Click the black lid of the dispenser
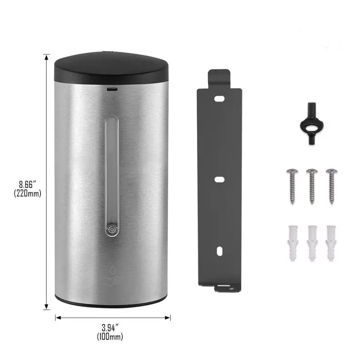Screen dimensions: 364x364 pos(111,68)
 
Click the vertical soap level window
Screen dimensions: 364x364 pos(111,168)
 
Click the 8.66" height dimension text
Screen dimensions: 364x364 pos(27,184)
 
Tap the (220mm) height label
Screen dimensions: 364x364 pos(27,193)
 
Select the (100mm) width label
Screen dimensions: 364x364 pos(110,337)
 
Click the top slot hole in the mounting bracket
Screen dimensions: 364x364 pos(219,98)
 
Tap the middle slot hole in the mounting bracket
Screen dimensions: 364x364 pos(219,179)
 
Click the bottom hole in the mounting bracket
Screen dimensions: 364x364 pos(219,250)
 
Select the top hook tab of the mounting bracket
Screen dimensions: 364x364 pos(219,77)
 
